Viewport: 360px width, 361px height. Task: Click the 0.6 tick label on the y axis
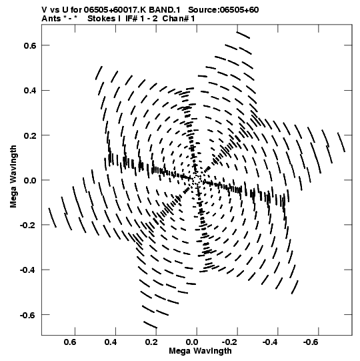point(30,45)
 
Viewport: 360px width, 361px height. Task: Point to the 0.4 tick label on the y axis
point(30,91)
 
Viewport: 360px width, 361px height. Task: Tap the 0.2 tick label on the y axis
point(30,135)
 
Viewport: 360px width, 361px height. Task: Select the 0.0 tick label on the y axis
point(30,180)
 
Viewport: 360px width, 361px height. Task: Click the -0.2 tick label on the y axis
point(28,225)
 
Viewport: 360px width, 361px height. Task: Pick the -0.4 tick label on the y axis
point(28,270)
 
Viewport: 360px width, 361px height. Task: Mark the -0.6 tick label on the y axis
point(28,315)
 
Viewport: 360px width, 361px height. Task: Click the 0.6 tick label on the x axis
point(70,342)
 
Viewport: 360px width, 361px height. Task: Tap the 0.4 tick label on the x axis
point(111,342)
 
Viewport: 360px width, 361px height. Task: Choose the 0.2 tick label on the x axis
point(151,342)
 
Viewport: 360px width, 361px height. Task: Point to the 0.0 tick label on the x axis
point(192,342)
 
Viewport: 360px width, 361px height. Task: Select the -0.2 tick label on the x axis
point(231,342)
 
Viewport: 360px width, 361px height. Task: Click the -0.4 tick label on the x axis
point(271,342)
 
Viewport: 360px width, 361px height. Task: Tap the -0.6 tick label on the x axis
point(312,342)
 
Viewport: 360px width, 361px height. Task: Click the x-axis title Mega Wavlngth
point(200,351)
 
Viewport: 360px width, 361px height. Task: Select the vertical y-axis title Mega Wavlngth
point(13,177)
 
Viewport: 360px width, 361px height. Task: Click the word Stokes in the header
point(101,19)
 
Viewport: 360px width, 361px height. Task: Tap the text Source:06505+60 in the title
point(223,10)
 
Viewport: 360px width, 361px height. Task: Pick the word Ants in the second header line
point(51,19)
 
